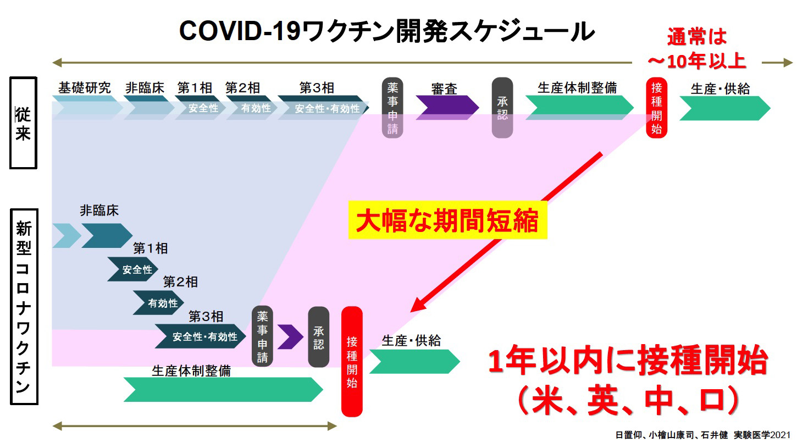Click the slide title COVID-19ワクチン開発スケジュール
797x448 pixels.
[386, 32]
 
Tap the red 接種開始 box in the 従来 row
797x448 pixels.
[656, 108]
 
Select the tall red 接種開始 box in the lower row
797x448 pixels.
[352, 361]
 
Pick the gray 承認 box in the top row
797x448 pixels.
[502, 108]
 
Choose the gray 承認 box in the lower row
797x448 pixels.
[318, 337]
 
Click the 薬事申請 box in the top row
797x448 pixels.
[392, 108]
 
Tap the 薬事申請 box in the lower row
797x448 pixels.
[262, 336]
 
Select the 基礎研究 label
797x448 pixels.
[85, 88]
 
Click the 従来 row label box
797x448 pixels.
[23, 123]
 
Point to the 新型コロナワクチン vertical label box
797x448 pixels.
[23, 306]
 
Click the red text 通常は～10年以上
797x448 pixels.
[696, 49]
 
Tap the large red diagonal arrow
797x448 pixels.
[508, 230]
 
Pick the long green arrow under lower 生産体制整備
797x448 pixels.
[223, 390]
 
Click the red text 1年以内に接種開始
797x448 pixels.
[628, 363]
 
